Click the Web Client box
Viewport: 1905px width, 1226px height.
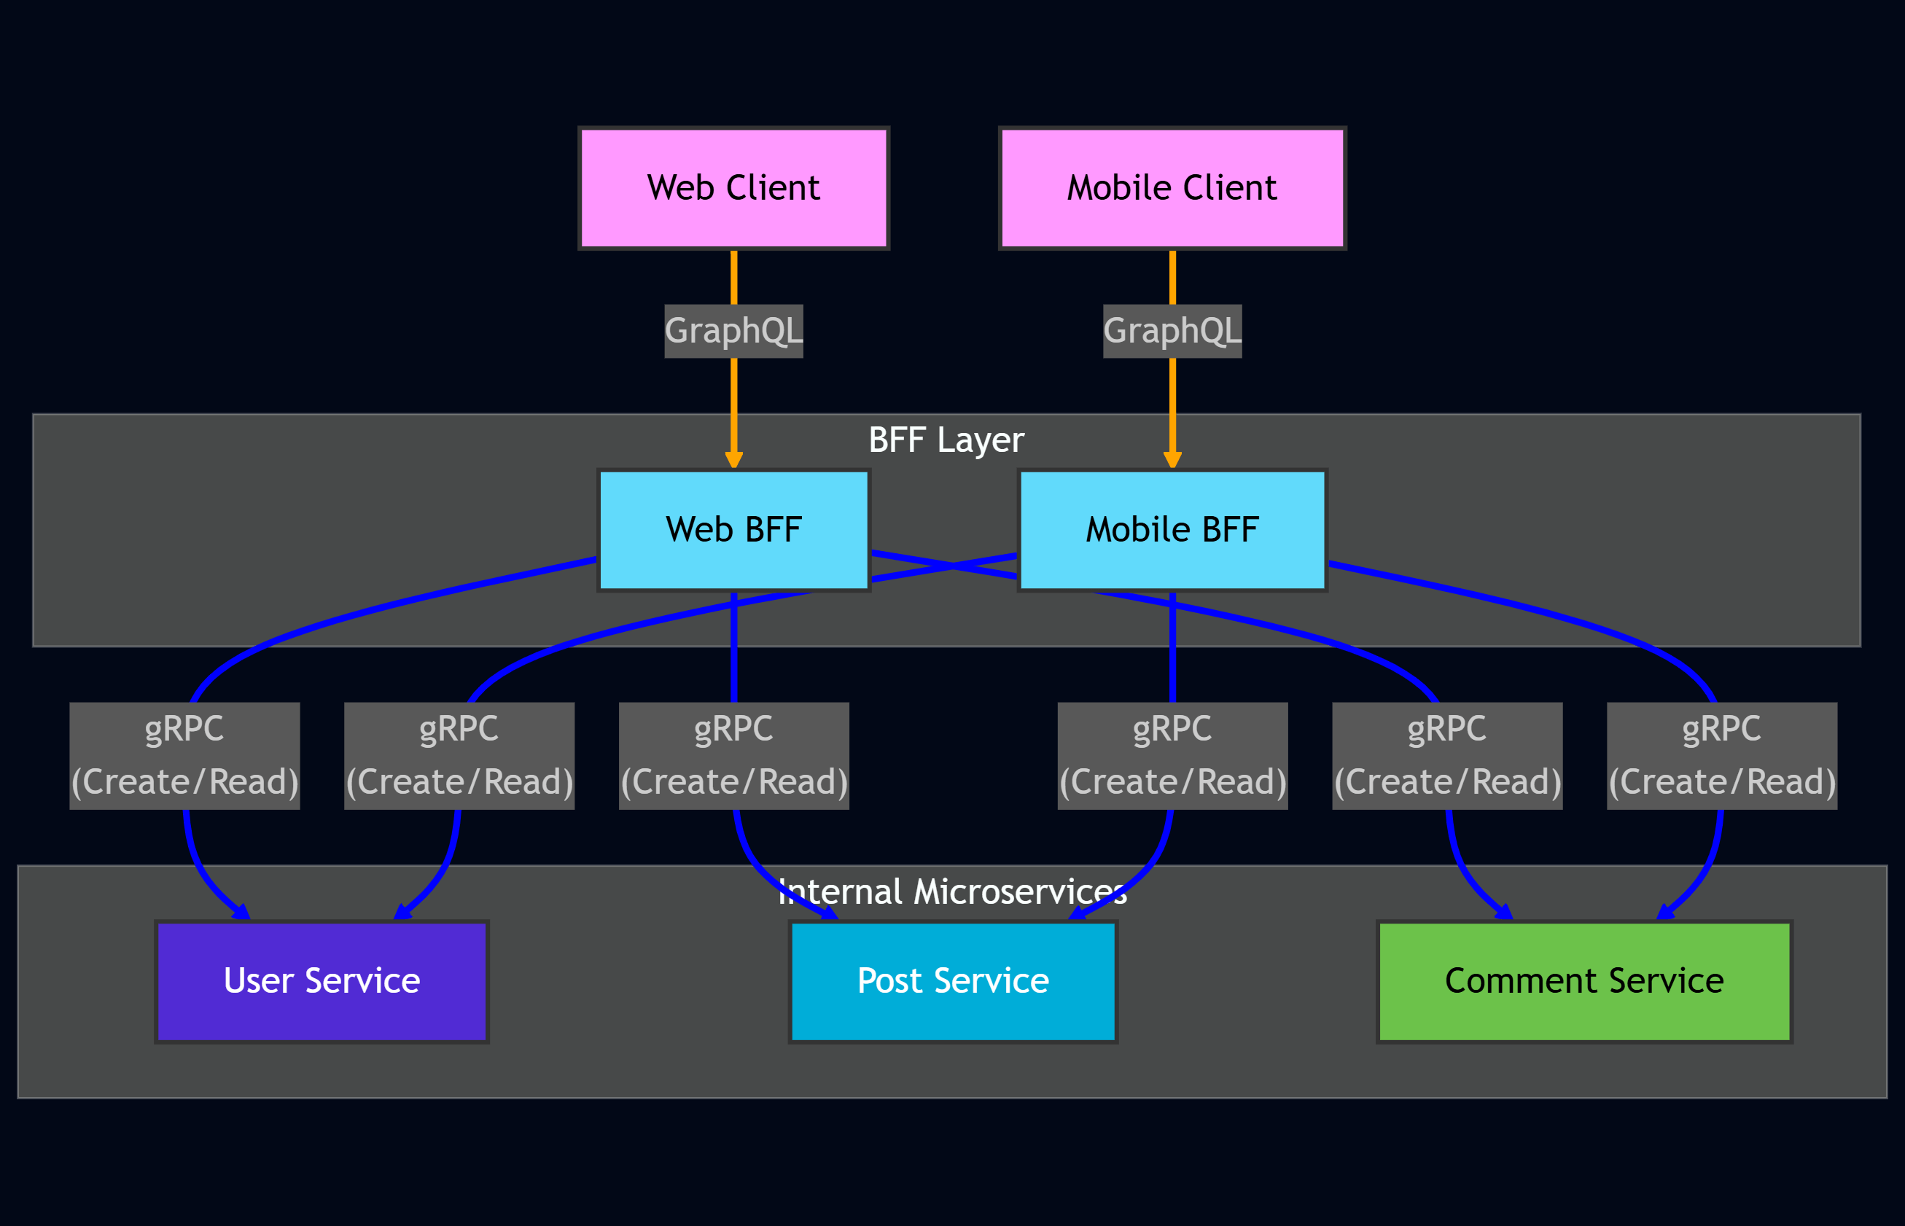(733, 188)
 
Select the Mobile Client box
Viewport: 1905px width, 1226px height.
(1172, 188)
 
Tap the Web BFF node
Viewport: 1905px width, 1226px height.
(733, 530)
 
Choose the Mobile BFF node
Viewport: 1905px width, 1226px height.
(1172, 530)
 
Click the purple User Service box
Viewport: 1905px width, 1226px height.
(322, 981)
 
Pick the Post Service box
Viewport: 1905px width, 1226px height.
(953, 981)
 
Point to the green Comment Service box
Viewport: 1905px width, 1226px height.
(1583, 981)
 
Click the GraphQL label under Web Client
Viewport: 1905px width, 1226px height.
(733, 330)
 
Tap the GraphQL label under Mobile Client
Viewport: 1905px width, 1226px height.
(1172, 330)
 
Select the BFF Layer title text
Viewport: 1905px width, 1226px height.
(946, 440)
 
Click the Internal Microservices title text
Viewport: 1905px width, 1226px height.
(952, 891)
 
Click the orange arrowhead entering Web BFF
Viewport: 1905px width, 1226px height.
(733, 460)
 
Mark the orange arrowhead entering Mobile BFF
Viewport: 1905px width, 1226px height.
(1172, 460)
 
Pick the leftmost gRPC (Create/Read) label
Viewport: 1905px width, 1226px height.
(184, 756)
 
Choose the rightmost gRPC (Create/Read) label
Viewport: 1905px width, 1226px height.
(1721, 756)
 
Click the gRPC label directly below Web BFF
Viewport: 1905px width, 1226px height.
(733, 756)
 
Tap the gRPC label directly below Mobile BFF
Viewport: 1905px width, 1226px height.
(1172, 756)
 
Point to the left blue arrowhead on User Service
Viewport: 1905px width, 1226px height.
(241, 913)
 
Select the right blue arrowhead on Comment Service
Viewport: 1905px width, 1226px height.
(1664, 913)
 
